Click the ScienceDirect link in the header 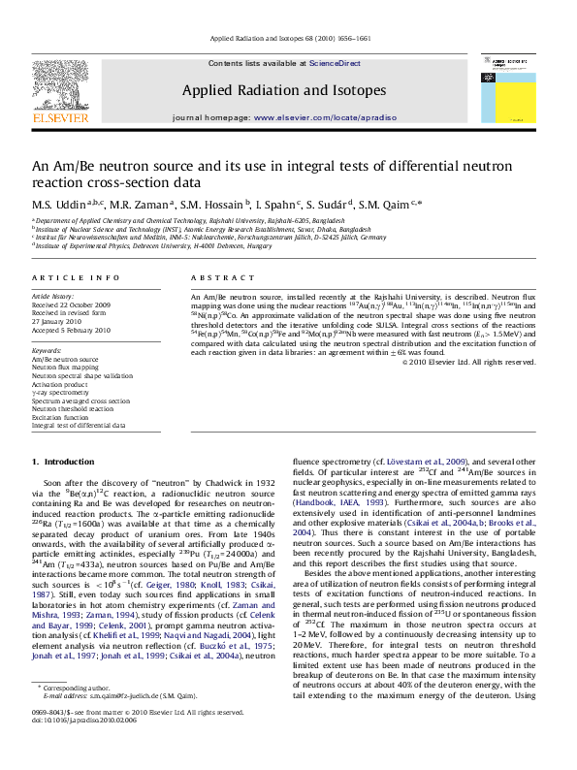(335, 63)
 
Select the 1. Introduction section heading (66, 461)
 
